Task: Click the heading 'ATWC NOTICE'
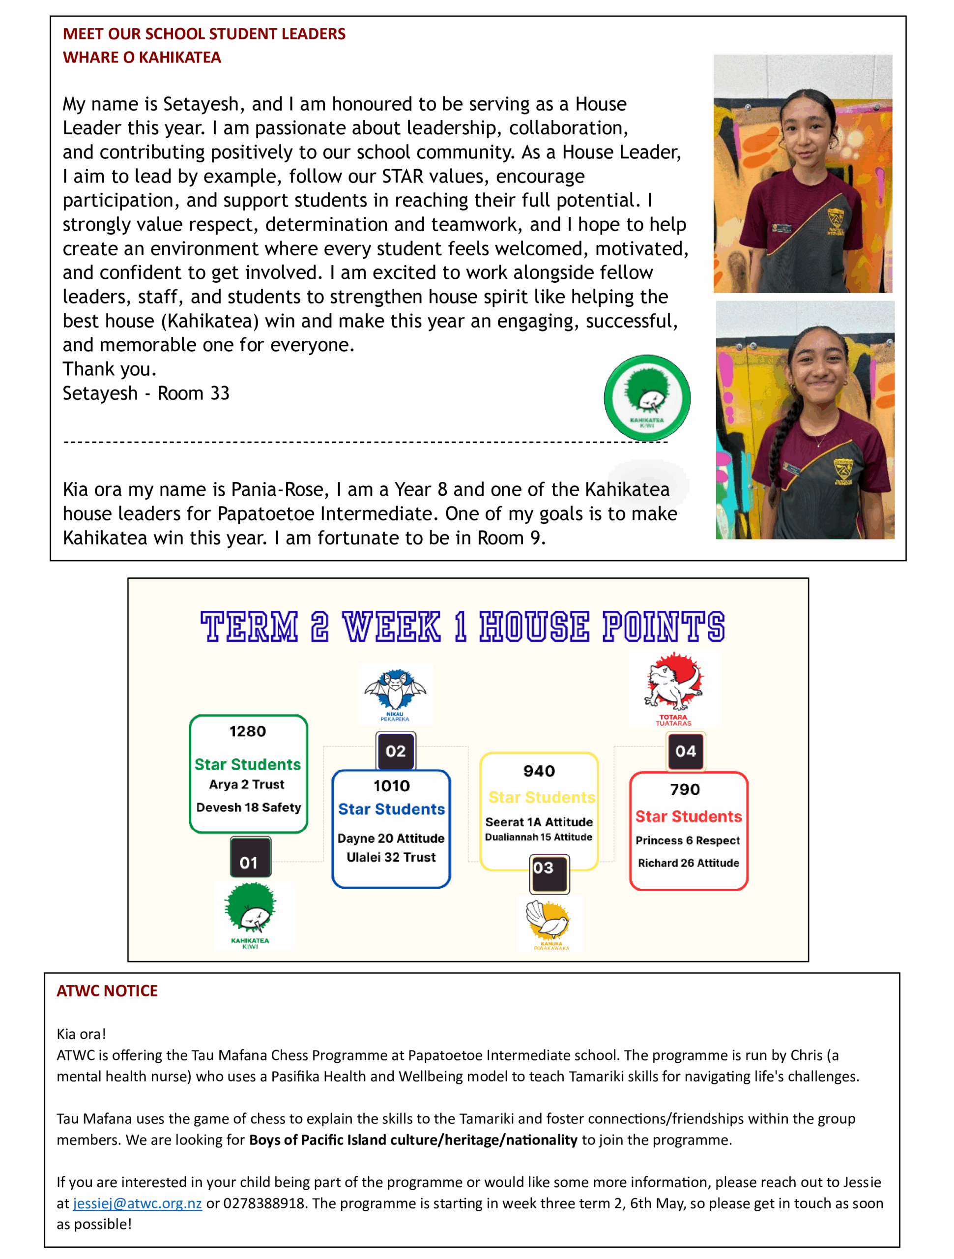click(107, 991)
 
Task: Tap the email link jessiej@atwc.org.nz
click(137, 1203)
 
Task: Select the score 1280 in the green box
click(247, 731)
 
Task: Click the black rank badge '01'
click(249, 862)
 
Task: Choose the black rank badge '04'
click(685, 751)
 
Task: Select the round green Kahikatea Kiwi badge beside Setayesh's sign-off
click(647, 398)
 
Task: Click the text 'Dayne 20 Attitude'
click(391, 839)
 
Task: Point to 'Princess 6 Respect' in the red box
click(687, 840)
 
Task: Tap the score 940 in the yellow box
click(539, 771)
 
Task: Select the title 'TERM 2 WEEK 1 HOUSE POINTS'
click(462, 627)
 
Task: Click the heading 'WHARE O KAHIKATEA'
click(142, 58)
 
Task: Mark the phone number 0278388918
click(264, 1203)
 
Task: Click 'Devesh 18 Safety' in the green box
click(248, 807)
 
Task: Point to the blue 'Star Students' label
click(391, 809)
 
